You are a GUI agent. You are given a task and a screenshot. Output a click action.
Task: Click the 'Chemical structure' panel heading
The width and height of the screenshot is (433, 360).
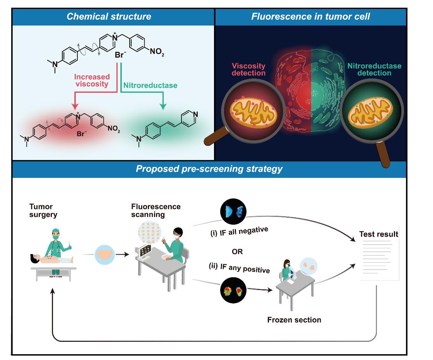(x=109, y=17)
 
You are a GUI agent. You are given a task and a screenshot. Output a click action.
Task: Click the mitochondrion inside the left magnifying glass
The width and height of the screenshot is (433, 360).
(x=249, y=113)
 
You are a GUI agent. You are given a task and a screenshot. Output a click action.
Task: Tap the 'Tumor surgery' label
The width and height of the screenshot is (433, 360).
(x=41, y=210)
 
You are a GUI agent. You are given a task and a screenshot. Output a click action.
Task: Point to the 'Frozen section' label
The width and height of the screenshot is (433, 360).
(x=294, y=320)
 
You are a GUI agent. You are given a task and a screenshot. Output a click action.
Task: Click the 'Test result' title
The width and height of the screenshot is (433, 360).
(x=378, y=234)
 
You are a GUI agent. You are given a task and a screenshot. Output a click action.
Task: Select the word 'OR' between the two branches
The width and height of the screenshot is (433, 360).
(x=237, y=252)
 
